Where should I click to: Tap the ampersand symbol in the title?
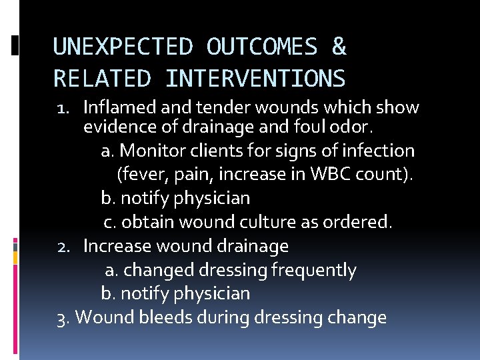tap(339, 47)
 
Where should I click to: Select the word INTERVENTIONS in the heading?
tap(255, 79)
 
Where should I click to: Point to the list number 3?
tap(63, 317)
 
